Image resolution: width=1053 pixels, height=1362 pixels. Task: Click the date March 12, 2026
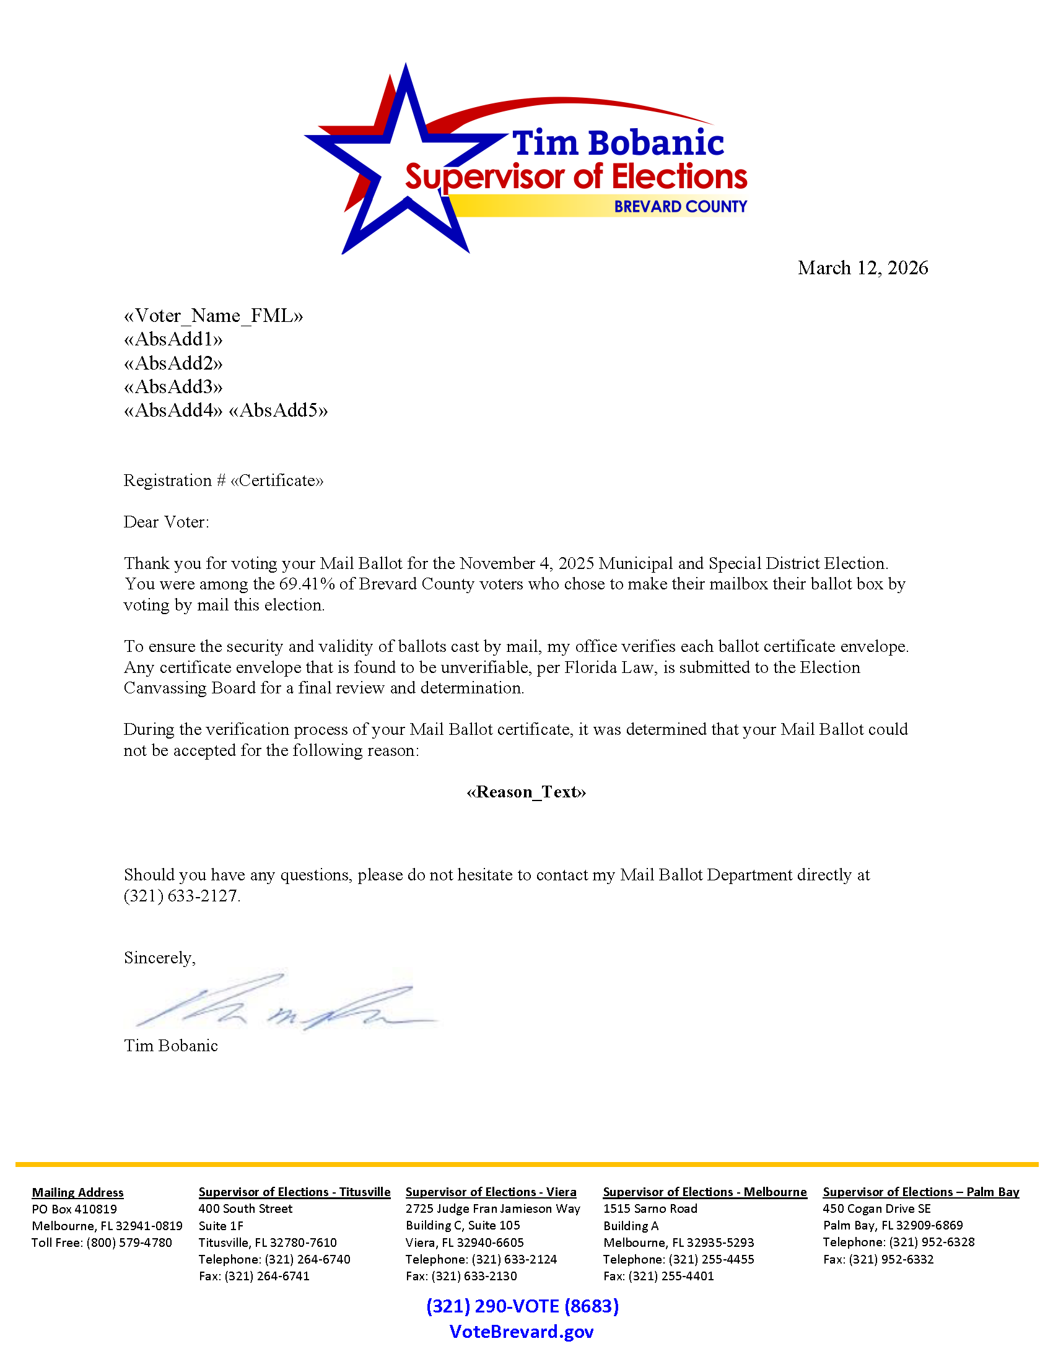tap(862, 267)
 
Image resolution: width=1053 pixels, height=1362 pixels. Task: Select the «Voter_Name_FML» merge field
tap(213, 316)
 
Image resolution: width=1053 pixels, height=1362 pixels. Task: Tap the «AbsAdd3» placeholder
tap(173, 387)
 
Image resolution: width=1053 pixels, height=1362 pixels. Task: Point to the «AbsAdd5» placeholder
tap(278, 410)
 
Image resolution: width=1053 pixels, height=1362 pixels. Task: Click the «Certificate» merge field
tap(277, 480)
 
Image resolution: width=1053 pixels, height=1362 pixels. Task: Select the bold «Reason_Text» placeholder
tap(526, 792)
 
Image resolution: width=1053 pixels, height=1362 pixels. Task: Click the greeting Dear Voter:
tap(166, 522)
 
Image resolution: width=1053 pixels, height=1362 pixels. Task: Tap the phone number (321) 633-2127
tap(181, 896)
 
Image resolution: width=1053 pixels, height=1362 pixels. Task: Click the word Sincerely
tap(159, 957)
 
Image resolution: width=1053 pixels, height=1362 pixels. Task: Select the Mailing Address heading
tap(78, 1192)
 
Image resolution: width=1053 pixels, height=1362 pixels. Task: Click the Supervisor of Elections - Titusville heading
tap(294, 1192)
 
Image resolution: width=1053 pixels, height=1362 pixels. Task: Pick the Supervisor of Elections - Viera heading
tap(491, 1192)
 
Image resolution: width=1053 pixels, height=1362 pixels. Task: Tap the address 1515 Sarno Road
tap(650, 1208)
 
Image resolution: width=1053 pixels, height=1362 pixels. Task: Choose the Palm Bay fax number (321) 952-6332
tap(891, 1259)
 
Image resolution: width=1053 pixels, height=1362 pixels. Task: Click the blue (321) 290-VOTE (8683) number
tap(523, 1306)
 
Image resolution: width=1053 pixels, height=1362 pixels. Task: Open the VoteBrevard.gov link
tap(522, 1332)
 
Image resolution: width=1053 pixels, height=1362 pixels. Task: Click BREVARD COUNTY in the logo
tap(680, 206)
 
